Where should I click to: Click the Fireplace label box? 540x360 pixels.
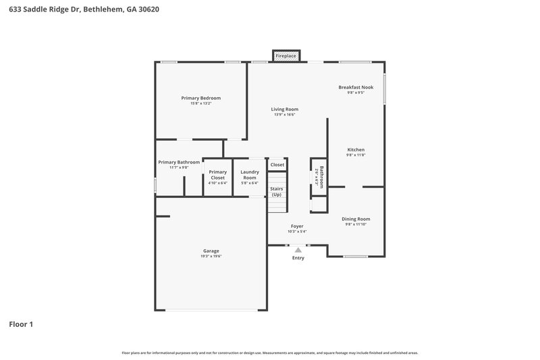pos(286,55)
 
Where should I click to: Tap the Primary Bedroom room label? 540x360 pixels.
pos(200,98)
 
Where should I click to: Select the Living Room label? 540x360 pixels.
pos(285,109)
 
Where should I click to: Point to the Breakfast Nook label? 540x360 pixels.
pos(356,87)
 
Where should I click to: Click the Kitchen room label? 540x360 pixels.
pos(356,149)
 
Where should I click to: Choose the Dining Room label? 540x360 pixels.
pos(356,219)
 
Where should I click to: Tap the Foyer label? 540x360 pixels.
pos(297,226)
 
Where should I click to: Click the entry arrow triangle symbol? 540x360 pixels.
pos(298,250)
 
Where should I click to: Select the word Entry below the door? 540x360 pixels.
pos(298,258)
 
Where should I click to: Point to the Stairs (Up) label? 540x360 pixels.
pos(276,192)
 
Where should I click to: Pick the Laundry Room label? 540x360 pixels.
pos(249,174)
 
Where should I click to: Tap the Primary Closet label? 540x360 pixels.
pos(217,174)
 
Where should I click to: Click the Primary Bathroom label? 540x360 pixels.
pos(179,162)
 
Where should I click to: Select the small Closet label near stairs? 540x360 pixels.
pos(277,165)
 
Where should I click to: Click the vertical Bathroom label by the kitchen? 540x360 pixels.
pos(321,177)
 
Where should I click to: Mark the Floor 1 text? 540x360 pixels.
pos(21,324)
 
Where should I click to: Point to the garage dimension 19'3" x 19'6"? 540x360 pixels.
pos(211,257)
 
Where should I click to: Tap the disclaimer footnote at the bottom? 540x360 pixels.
pos(270,353)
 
